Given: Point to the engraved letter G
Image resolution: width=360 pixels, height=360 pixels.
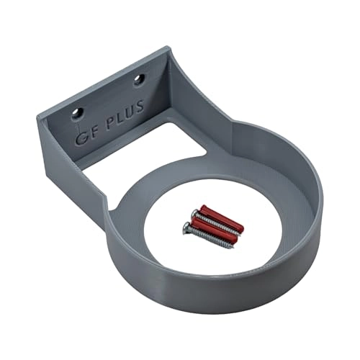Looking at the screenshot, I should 80,137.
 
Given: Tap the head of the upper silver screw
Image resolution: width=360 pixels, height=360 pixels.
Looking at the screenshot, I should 195,214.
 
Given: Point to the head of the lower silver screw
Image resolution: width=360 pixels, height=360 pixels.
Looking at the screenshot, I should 188,228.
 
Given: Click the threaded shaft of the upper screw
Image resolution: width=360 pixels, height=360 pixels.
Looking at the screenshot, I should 216,223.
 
